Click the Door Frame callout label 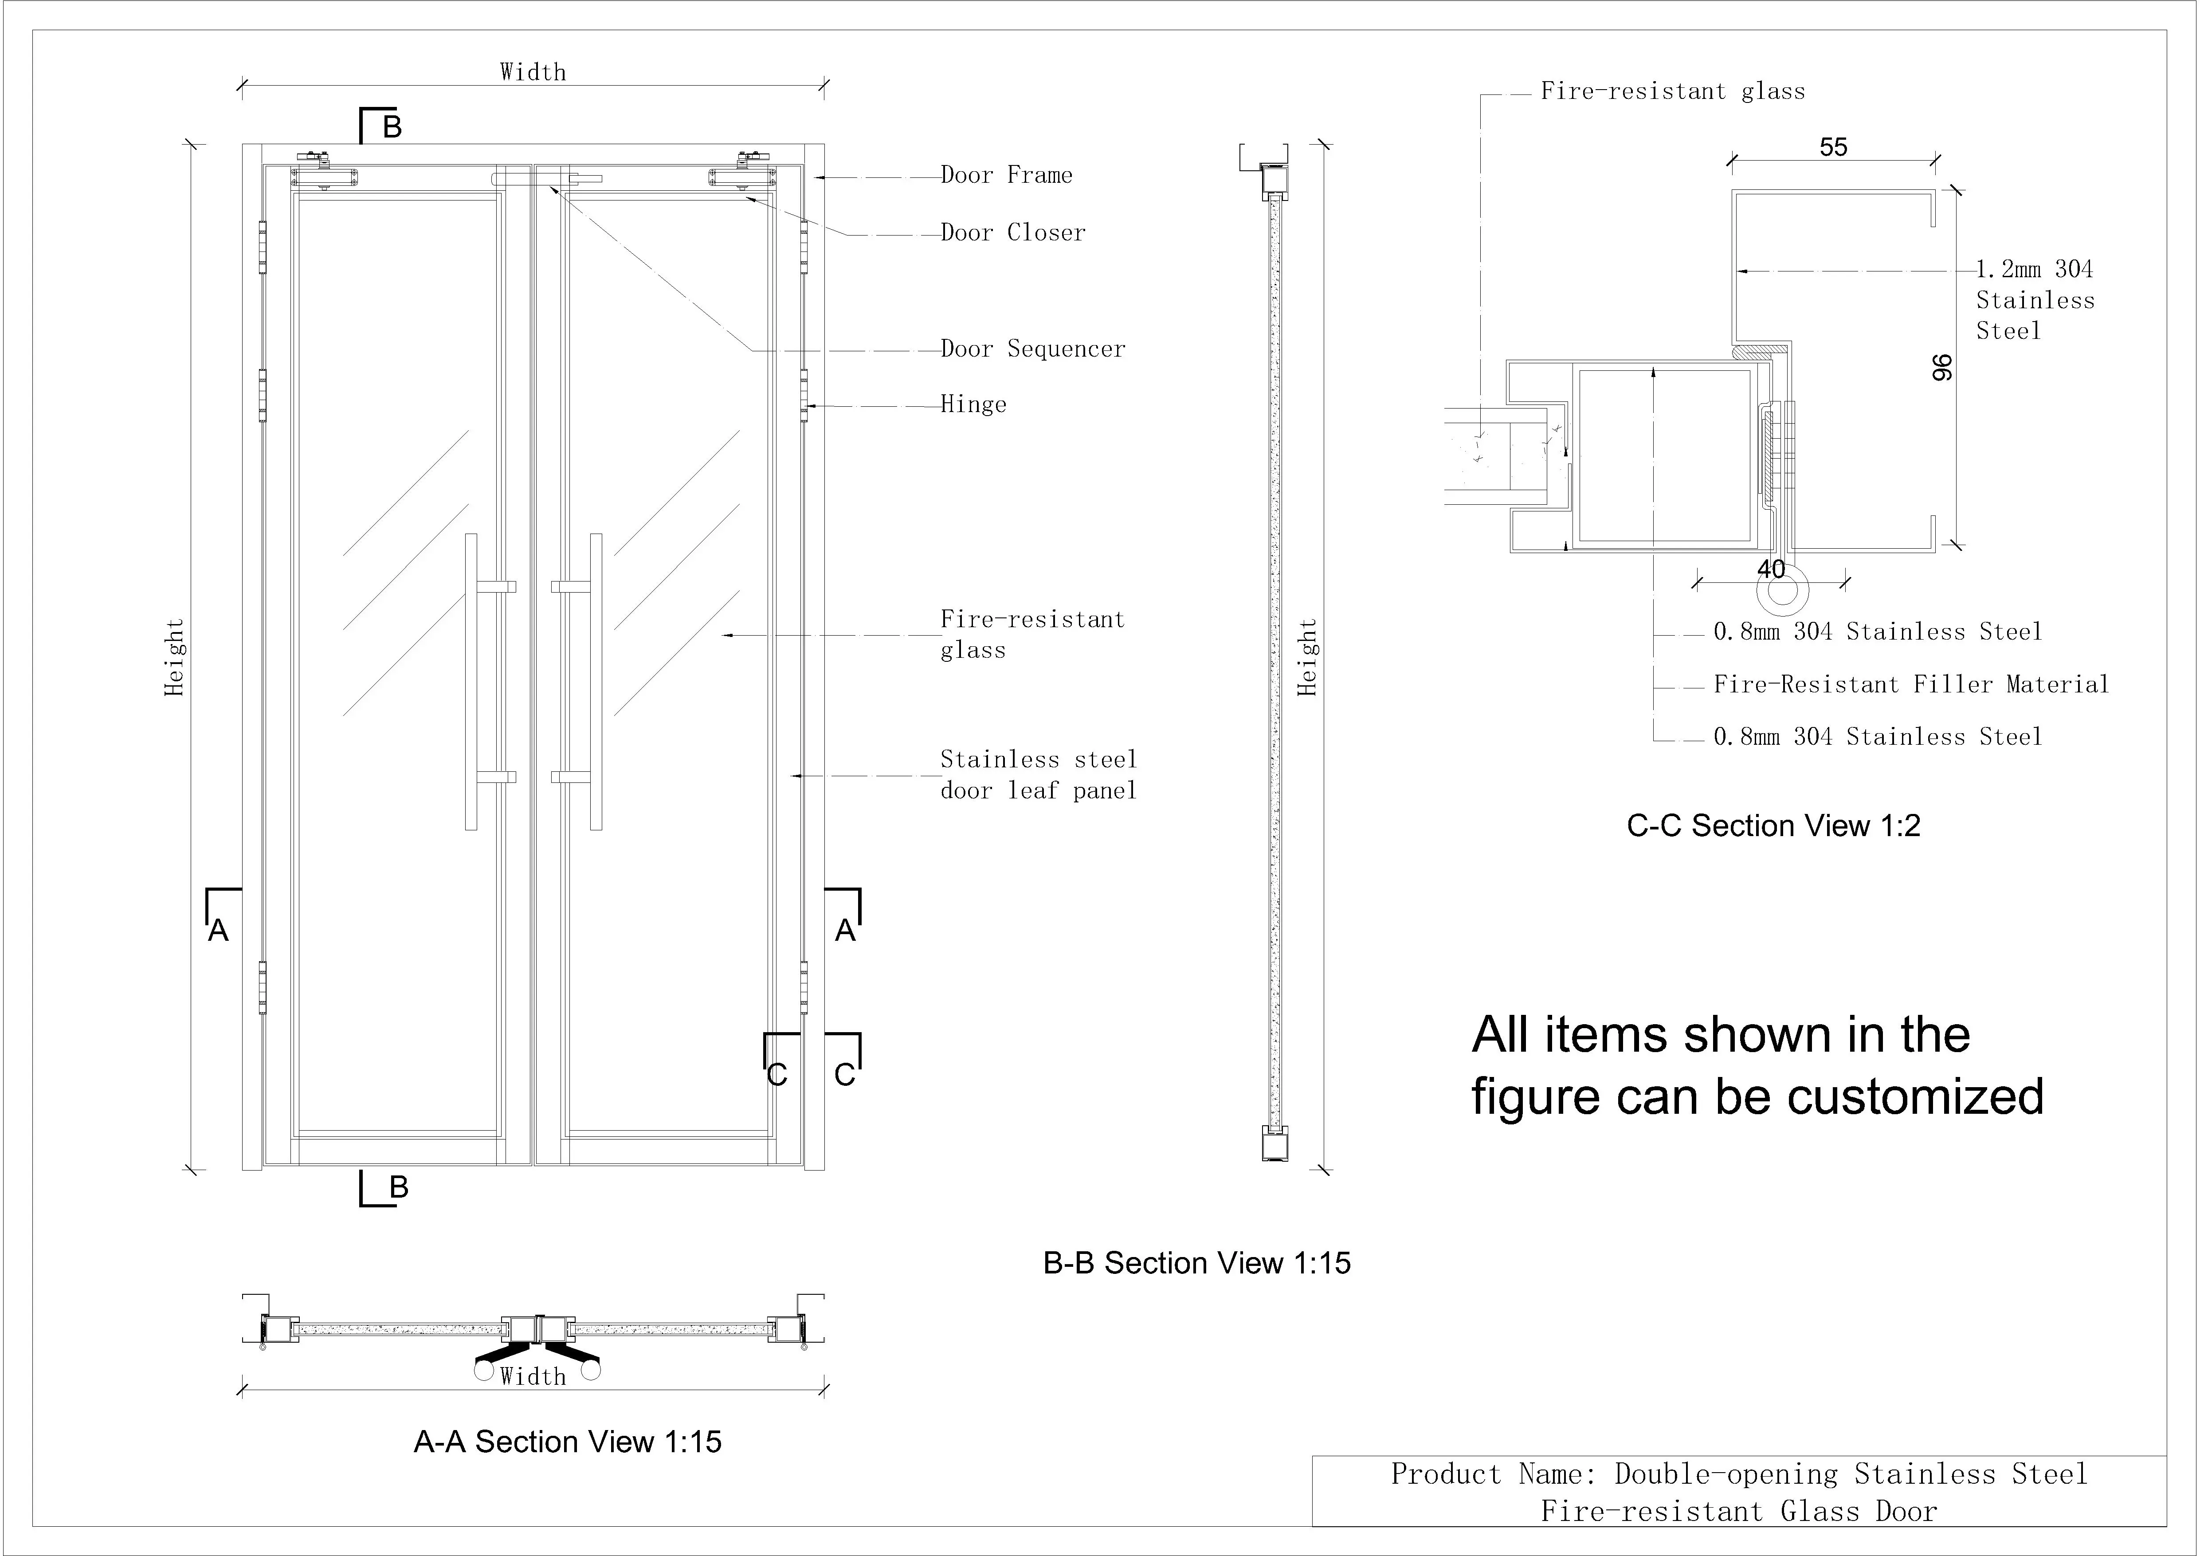point(1006,175)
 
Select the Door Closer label point(1013,233)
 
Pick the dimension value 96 point(1941,368)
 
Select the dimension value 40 point(1771,569)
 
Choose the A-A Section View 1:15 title point(567,1442)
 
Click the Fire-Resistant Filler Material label point(1910,684)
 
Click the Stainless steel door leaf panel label point(1038,775)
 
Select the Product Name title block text point(1738,1492)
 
